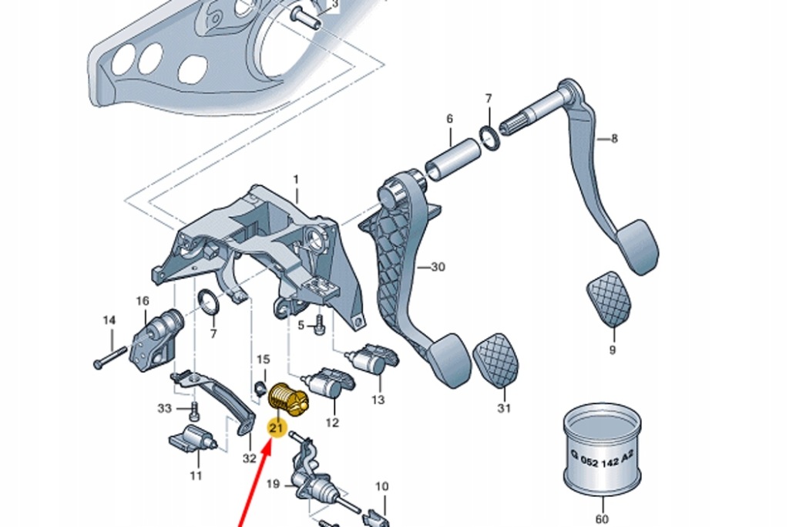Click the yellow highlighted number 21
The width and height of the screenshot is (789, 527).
tap(277, 428)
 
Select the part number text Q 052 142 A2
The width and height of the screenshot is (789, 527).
tap(603, 458)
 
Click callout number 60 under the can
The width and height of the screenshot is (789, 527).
tap(602, 519)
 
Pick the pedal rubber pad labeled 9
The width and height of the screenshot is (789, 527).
tap(609, 299)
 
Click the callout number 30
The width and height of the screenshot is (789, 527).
tap(438, 267)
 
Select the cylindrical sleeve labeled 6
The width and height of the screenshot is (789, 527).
tap(452, 160)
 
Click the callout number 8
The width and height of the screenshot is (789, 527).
tap(614, 139)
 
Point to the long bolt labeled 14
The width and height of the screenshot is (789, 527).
tap(110, 356)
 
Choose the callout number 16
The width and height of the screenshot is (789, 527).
tap(143, 301)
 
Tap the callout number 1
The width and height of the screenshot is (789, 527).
tap(296, 179)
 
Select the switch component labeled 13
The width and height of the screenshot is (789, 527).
tap(372, 360)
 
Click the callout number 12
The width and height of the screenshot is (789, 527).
tap(332, 422)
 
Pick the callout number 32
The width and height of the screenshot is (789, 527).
tap(250, 458)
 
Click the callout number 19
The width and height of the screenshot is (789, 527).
tap(273, 484)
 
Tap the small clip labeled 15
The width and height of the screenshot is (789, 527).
tap(260, 387)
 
